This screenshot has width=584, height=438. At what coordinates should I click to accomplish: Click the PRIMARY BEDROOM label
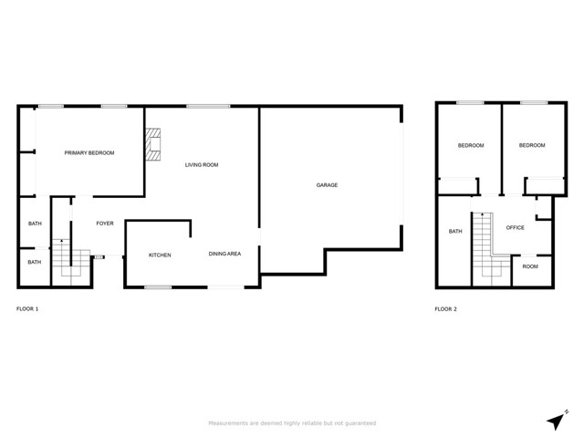tap(89, 152)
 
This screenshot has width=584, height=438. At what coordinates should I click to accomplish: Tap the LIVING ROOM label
tap(202, 164)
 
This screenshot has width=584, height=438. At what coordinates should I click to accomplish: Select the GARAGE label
tap(327, 184)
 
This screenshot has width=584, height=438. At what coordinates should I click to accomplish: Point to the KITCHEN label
tap(160, 255)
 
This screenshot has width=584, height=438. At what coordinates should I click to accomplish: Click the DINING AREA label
tap(224, 254)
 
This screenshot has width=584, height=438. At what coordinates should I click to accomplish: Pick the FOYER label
tap(105, 224)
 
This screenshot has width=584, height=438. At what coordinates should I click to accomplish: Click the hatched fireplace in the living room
tap(152, 144)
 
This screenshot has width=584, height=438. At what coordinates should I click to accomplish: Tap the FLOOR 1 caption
tap(27, 308)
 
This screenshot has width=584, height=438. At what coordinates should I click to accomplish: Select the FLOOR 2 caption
tap(445, 308)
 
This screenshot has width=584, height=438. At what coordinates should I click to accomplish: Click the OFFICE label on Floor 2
tap(515, 227)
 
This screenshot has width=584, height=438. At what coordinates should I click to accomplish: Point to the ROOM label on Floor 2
tap(530, 266)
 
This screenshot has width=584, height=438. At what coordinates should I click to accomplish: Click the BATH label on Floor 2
tap(455, 231)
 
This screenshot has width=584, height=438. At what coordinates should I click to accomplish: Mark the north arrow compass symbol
tap(557, 420)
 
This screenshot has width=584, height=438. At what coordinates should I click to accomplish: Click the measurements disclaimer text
tap(292, 423)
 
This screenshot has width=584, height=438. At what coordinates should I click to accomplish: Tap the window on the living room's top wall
tap(208, 107)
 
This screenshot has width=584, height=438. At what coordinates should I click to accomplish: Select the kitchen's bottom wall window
tap(158, 287)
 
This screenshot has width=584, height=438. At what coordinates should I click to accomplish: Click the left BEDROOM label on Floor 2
tap(471, 145)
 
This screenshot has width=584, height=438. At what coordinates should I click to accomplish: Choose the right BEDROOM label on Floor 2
tap(532, 145)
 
